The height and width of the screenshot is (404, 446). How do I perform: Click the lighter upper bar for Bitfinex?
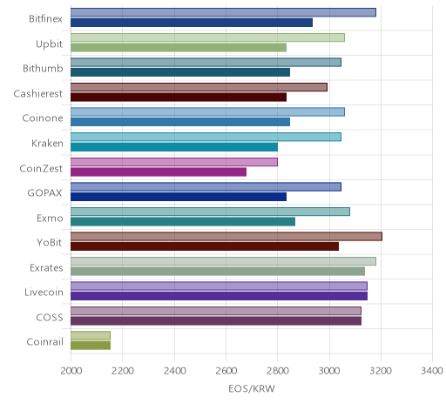click(223, 12)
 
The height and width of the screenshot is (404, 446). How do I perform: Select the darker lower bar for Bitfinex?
click(192, 23)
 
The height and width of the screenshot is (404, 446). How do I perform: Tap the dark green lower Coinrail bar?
click(91, 346)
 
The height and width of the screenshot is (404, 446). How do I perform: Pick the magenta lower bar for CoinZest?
click(159, 172)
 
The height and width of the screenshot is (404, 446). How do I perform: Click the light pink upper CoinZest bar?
click(174, 162)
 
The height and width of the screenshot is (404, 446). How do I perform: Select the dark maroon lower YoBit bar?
click(205, 246)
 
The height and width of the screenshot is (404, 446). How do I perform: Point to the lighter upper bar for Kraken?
click(206, 137)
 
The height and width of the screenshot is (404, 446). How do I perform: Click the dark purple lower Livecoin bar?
click(219, 296)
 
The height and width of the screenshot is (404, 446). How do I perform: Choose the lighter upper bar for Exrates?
click(223, 261)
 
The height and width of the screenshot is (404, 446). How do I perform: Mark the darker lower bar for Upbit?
click(179, 47)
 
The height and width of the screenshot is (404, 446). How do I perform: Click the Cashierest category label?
click(38, 93)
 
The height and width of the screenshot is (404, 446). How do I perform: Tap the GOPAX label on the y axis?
click(44, 193)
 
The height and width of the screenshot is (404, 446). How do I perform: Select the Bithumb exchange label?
click(43, 69)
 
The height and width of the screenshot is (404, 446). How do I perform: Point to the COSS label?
click(50, 317)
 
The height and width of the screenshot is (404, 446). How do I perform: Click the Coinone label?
click(43, 118)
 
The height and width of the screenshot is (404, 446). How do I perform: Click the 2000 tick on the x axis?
click(71, 371)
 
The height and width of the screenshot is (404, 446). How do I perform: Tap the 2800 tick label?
click(277, 371)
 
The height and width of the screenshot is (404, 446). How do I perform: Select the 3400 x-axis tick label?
click(432, 371)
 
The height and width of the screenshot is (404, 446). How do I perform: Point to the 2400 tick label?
click(174, 371)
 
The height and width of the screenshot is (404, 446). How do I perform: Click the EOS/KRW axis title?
click(252, 388)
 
